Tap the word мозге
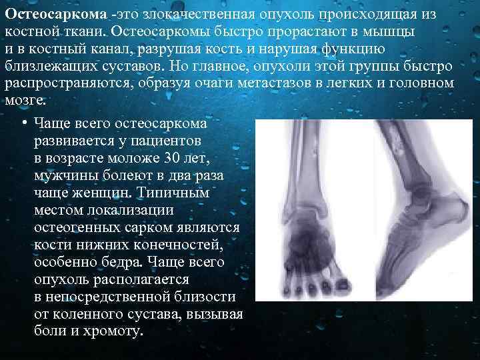pos(25,101)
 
